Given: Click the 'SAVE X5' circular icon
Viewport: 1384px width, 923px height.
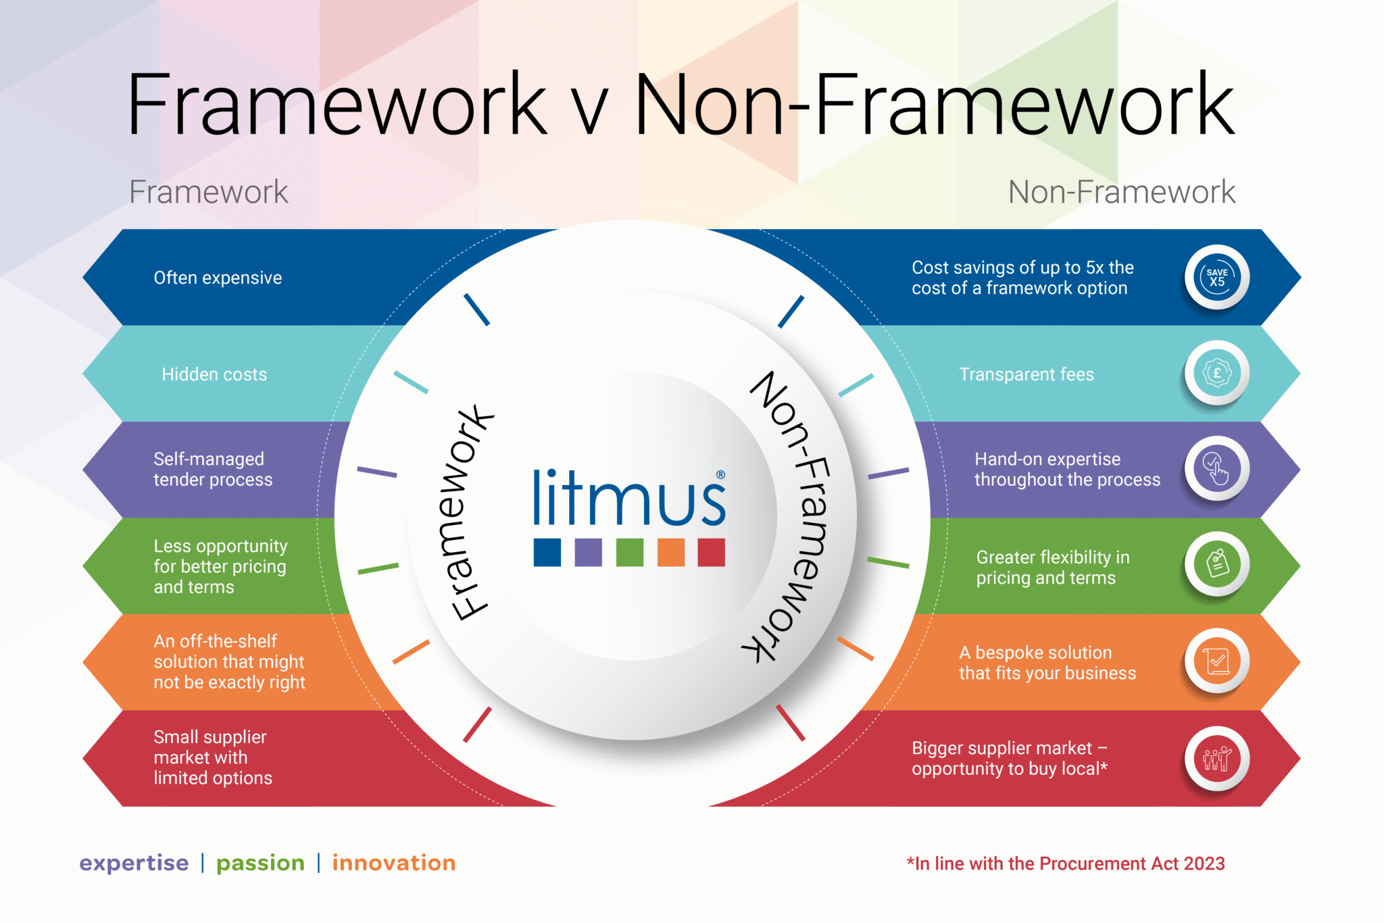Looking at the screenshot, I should coord(1216,277).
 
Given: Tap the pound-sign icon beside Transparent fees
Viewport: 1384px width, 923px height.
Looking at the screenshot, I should coord(1216,373).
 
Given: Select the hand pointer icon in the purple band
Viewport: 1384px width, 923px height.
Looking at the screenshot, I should coord(1216,469).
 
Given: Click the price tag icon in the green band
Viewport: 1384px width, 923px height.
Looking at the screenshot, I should coord(1216,564).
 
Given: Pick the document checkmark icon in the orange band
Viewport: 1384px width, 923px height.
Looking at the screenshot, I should coord(1216,661).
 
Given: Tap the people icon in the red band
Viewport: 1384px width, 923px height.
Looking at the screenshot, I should coord(1216,759).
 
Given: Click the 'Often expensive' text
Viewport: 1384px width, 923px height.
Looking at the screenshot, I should coord(218,278).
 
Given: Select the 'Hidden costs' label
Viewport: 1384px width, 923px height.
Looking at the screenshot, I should coord(214,374).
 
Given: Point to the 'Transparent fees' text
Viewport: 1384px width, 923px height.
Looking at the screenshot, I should coord(1026,374).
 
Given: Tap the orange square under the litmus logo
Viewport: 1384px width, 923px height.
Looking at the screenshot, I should coord(670,552).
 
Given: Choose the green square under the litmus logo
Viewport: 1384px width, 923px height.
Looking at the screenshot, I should coord(629,552).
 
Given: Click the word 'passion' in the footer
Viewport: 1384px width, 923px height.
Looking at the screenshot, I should coord(260,863).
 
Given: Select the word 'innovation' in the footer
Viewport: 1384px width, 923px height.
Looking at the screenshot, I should coord(394,863).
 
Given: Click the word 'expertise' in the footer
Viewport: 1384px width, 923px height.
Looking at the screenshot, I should coord(134,863).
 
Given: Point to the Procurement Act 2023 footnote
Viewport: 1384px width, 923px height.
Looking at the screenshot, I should coord(1066,864).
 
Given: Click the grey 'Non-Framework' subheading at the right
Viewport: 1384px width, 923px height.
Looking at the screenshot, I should coord(1121,192).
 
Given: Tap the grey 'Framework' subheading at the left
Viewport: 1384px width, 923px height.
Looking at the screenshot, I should coord(208,192).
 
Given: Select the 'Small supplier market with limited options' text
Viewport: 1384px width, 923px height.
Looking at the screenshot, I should coord(212,757).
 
